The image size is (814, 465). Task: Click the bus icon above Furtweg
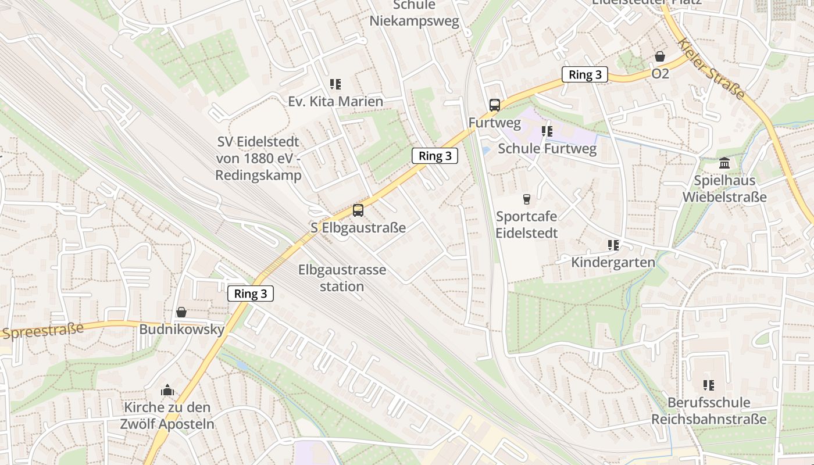click(x=495, y=105)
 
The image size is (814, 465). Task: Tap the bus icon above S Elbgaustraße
click(x=358, y=210)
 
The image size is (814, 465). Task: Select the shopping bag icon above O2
click(x=660, y=57)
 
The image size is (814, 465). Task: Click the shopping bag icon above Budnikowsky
click(x=181, y=313)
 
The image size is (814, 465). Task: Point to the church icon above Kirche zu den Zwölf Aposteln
click(x=167, y=390)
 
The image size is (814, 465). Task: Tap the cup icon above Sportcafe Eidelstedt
click(x=527, y=199)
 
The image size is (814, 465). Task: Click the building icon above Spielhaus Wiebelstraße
click(x=724, y=163)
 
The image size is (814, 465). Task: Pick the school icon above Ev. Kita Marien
click(x=335, y=84)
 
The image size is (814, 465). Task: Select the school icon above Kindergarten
click(x=613, y=245)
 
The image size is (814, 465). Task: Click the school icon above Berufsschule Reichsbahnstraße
click(x=709, y=385)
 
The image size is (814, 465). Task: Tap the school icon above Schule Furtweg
click(x=547, y=131)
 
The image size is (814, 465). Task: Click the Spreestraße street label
click(x=42, y=330)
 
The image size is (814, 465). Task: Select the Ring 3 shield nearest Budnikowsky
click(x=250, y=294)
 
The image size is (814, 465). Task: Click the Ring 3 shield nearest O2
click(x=585, y=74)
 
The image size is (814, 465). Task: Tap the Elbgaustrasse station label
click(x=342, y=278)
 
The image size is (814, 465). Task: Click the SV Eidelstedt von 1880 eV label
click(x=259, y=158)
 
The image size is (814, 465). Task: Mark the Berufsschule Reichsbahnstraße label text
click(x=709, y=410)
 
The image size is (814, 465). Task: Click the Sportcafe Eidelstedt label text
click(x=527, y=225)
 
